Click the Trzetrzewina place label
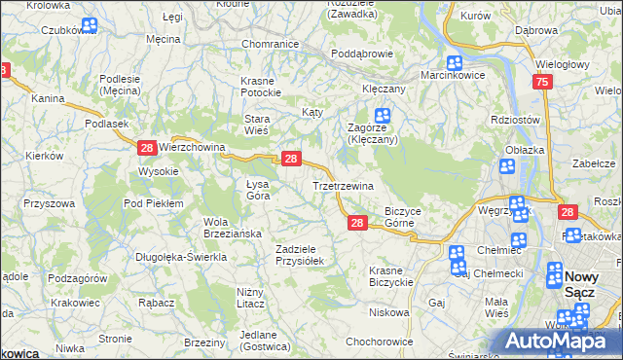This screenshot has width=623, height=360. (x=343, y=185)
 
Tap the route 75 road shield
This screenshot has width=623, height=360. (x=542, y=84)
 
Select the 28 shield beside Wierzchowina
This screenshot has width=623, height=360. (x=146, y=148)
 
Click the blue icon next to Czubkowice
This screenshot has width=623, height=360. (x=90, y=25)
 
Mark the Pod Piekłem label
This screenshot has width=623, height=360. (x=153, y=203)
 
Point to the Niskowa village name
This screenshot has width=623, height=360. (x=389, y=312)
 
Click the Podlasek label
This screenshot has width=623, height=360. (x=107, y=124)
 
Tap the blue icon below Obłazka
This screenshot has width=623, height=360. (x=506, y=166)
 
